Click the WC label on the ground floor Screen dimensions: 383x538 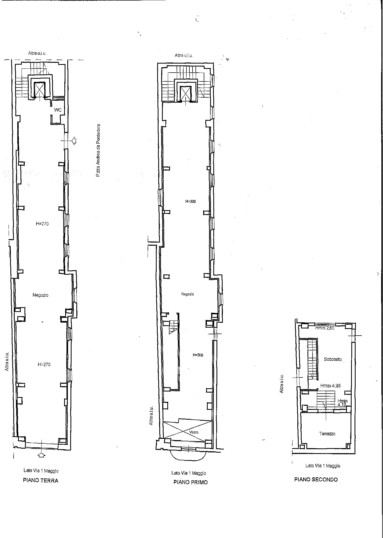coord(58,110)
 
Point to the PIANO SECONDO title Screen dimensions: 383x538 coord(316,479)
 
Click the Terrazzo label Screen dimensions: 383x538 coord(327,433)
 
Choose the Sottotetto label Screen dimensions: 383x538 coord(333,359)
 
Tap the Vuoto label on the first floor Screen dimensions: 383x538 coord(194,432)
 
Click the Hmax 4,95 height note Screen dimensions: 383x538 coord(331,385)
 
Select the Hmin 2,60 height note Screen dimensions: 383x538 coord(325,328)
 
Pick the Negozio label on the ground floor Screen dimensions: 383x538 coord(40,295)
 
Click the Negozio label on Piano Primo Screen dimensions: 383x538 coord(188,294)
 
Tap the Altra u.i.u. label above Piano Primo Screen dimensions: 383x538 coord(184,55)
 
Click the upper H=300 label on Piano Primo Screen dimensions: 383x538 coord(190,201)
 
